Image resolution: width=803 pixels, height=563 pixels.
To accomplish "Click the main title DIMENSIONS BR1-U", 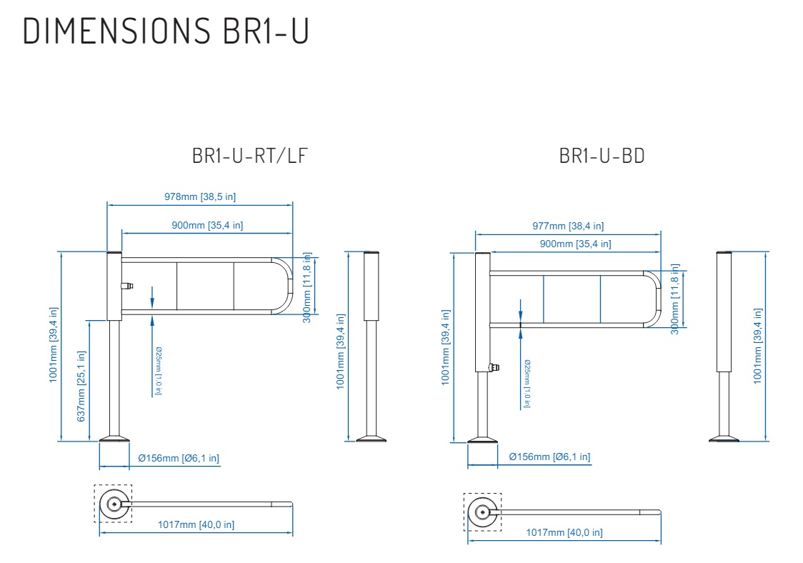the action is click(x=166, y=31).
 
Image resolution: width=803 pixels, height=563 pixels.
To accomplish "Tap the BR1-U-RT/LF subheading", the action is click(x=250, y=156).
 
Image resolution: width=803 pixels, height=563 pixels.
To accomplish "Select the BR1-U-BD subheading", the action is click(x=602, y=156).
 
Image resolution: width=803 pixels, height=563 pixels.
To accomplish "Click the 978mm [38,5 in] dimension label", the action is click(x=200, y=196).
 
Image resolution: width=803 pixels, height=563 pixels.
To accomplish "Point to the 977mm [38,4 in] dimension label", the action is click(x=568, y=226).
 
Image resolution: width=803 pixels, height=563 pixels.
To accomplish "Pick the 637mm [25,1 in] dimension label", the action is click(x=81, y=387).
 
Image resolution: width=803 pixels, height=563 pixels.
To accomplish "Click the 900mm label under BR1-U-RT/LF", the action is click(x=207, y=225).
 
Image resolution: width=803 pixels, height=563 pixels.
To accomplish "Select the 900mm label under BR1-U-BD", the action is click(x=576, y=244).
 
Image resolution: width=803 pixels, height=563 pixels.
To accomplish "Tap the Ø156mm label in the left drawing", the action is click(x=179, y=458).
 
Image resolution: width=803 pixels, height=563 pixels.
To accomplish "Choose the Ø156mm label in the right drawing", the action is click(x=549, y=457).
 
